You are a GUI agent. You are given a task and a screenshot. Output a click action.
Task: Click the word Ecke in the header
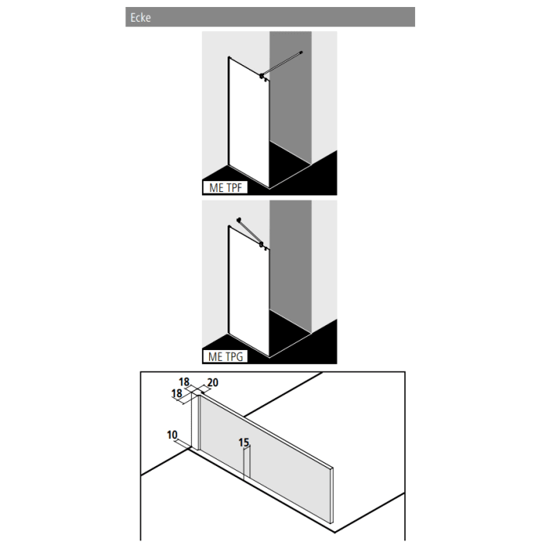[140, 18]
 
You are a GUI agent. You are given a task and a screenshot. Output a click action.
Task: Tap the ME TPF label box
[225, 187]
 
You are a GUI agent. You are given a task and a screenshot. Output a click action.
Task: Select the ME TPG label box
[225, 357]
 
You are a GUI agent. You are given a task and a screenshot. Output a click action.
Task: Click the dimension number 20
[214, 382]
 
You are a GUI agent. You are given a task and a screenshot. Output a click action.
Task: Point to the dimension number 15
[244, 443]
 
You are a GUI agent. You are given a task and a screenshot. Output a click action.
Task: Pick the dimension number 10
[172, 435]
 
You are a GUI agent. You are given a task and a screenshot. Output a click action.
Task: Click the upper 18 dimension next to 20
[184, 382]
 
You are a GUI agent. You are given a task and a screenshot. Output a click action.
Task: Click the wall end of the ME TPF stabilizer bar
[301, 51]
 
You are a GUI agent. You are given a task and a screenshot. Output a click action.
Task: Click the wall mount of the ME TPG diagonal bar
[239, 220]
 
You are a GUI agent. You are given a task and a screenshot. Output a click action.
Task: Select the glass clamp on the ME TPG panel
[263, 245]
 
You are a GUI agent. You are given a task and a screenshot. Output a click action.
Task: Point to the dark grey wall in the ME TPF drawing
[290, 101]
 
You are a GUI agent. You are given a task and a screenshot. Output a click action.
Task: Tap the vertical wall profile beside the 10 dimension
[195, 422]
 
